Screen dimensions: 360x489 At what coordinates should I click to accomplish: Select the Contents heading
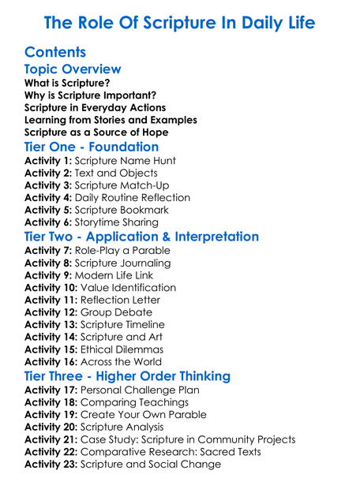point(55,53)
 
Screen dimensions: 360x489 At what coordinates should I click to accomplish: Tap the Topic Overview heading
point(73,69)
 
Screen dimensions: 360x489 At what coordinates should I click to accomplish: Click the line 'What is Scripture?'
point(67,83)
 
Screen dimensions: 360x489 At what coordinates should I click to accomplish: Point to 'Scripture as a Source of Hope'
point(96,132)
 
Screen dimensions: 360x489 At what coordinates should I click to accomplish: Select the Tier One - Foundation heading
point(92,147)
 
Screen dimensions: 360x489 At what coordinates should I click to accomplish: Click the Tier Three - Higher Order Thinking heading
point(127,376)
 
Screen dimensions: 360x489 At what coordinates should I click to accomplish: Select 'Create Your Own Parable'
point(144,415)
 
